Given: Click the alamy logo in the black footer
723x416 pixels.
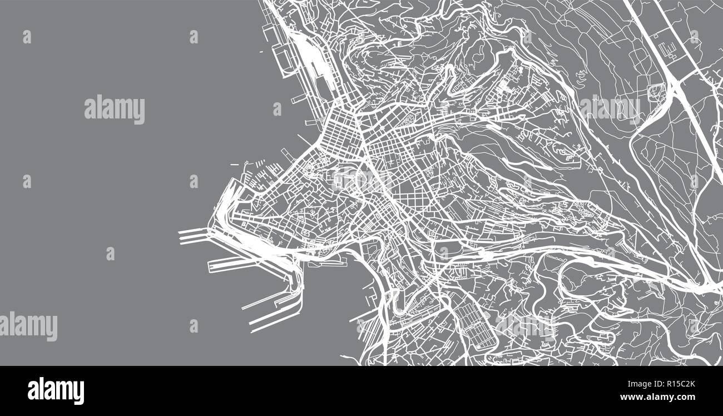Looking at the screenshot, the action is click(x=56, y=391).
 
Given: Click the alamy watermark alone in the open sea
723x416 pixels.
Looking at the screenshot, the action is click(x=115, y=110).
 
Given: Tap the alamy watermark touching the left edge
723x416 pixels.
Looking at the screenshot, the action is click(x=29, y=326).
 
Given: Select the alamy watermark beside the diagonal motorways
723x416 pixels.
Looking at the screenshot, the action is click(x=610, y=108).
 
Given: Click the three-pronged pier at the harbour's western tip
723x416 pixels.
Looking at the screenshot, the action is click(x=192, y=236).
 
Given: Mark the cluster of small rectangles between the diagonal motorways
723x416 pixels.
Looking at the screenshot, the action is click(x=667, y=47).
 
